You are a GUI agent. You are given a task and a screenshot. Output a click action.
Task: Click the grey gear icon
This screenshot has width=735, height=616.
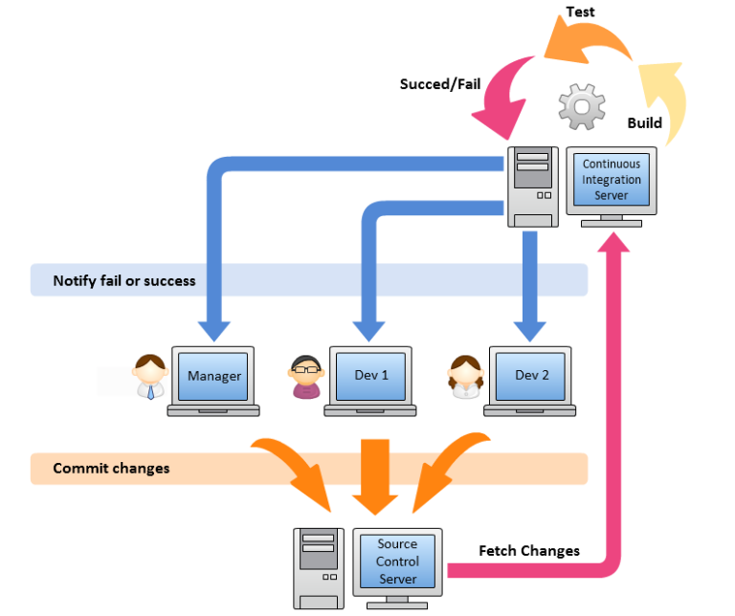(x=582, y=106)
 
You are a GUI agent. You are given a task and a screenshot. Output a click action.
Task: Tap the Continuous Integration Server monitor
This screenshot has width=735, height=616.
(x=612, y=180)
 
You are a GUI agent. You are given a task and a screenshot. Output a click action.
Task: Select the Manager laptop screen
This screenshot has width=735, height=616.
(x=213, y=375)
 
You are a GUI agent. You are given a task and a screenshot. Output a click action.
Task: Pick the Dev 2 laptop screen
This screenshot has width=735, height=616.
(x=531, y=375)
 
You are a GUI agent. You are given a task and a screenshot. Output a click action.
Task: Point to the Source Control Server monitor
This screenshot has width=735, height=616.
(x=397, y=561)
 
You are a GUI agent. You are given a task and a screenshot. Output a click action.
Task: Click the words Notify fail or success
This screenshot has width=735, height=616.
(x=124, y=280)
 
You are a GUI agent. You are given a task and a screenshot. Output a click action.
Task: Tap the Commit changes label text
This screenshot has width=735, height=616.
(x=111, y=468)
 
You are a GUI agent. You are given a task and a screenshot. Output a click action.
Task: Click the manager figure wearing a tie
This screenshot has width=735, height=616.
(x=150, y=376)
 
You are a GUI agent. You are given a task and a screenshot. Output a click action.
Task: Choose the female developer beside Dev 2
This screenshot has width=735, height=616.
(x=466, y=377)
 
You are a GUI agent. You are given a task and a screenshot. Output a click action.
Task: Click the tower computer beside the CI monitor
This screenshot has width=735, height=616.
(x=532, y=187)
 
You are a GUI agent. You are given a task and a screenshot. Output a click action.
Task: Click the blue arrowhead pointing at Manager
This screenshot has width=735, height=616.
(x=218, y=328)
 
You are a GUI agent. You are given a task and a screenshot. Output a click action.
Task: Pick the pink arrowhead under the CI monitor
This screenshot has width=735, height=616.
(x=612, y=241)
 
